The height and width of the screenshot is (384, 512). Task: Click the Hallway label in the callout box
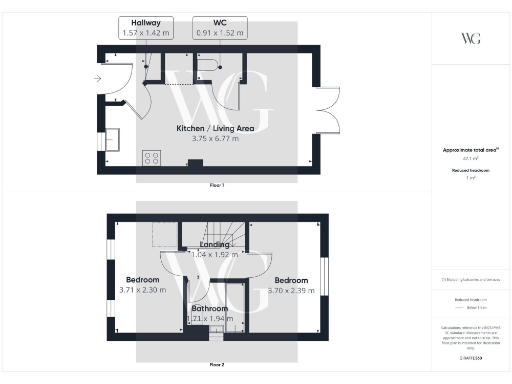pyautogui.click(x=140, y=21)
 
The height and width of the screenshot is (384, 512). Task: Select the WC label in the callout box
pyautogui.click(x=219, y=21)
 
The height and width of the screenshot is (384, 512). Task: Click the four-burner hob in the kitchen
pyautogui.click(x=153, y=158)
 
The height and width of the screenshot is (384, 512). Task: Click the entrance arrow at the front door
pyautogui.click(x=97, y=77)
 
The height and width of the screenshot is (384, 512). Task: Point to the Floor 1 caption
pyautogui.click(x=216, y=186)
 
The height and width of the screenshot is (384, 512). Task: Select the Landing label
pyautogui.click(x=214, y=244)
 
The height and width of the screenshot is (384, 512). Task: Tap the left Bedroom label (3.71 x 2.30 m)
pyautogui.click(x=141, y=279)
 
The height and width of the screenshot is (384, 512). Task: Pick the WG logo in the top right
pyautogui.click(x=470, y=38)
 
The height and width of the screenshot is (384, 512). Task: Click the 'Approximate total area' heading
pyautogui.click(x=470, y=150)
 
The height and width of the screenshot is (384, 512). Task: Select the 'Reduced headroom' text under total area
pyautogui.click(x=470, y=171)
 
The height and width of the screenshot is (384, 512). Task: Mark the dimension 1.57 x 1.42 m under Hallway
pyautogui.click(x=140, y=32)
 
